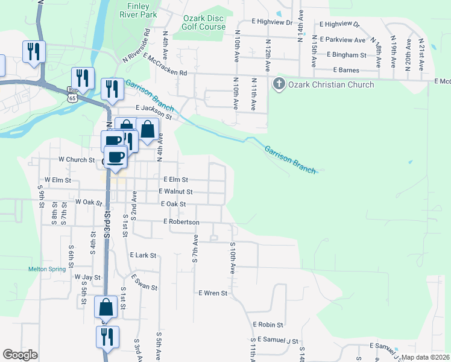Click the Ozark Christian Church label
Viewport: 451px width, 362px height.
point(332,84)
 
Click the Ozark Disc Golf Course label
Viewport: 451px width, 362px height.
point(204,22)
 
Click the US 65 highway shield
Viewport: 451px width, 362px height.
point(72,97)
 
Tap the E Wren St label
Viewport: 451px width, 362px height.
point(213,293)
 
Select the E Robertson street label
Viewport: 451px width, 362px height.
point(181,222)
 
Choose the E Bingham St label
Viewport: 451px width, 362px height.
point(347,55)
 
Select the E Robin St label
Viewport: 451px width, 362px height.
point(268,325)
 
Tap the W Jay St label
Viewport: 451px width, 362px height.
point(87,277)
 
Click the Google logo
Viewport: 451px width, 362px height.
point(20,355)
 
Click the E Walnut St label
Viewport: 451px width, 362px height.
point(175,192)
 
